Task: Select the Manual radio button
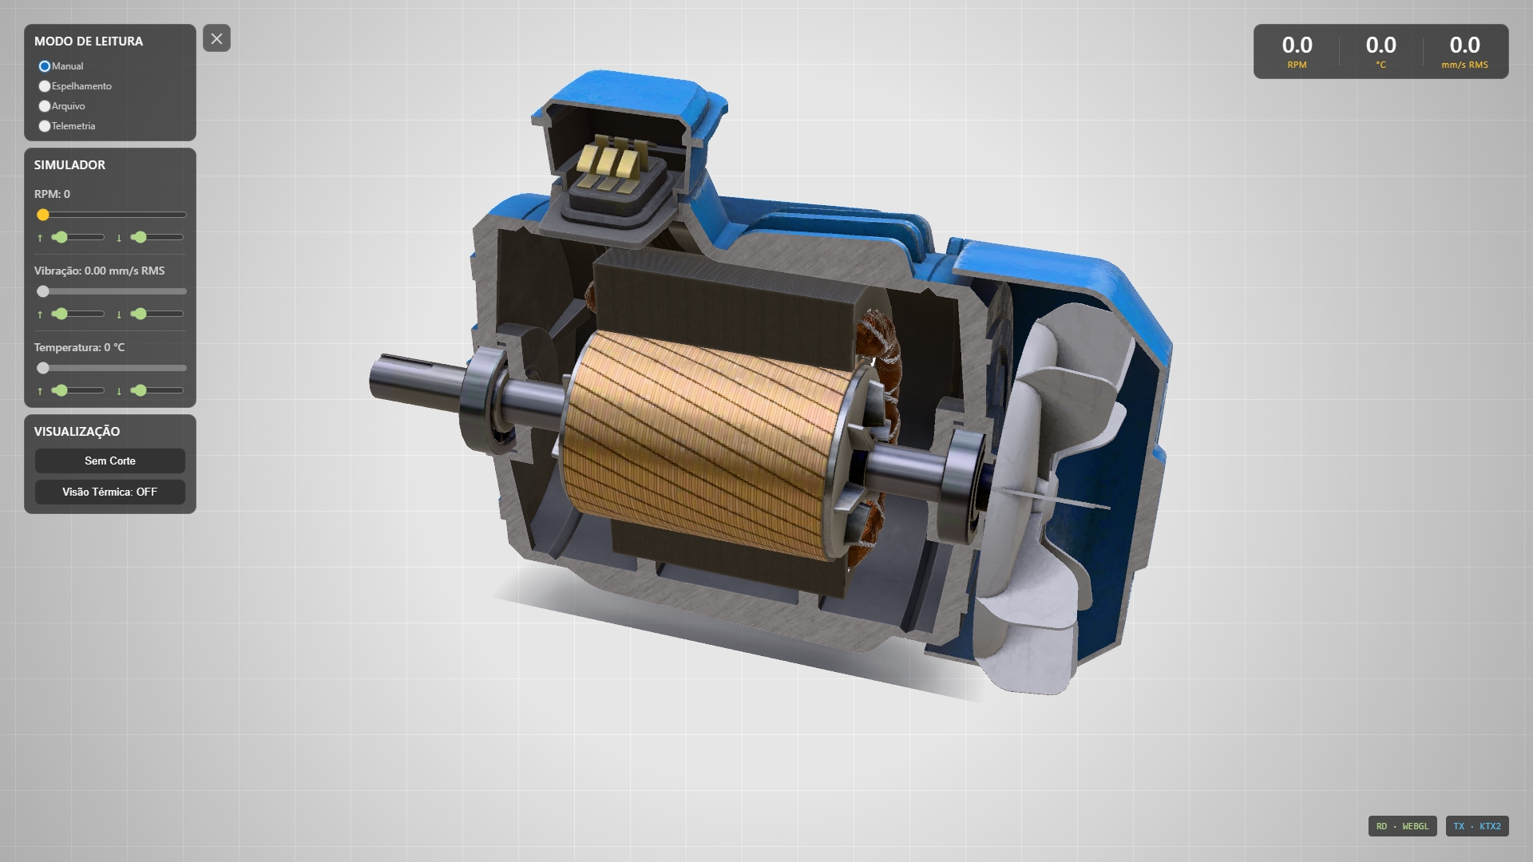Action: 45,66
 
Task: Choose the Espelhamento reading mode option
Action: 45,86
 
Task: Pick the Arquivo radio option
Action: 45,106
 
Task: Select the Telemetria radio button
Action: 45,126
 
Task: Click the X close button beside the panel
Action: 216,38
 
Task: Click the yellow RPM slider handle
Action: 43,215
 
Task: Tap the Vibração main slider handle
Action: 43,291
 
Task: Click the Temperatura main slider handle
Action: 43,368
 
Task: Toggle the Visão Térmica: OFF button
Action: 110,492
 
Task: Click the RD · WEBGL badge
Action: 1403,826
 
